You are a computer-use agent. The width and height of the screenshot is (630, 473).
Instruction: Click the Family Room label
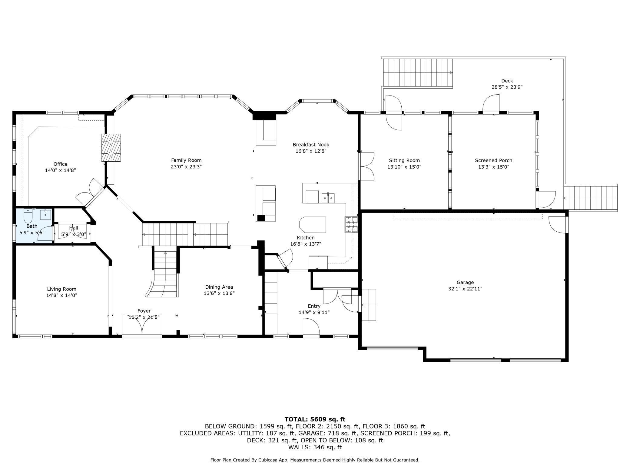click(186, 160)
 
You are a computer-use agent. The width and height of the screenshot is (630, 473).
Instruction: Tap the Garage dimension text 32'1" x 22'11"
click(465, 289)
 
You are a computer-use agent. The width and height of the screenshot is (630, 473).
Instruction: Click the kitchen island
click(312, 224)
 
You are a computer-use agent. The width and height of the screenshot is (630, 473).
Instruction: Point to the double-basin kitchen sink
click(328, 197)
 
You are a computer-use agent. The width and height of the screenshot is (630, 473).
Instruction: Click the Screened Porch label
click(493, 160)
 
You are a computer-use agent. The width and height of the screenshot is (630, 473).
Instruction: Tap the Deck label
click(507, 81)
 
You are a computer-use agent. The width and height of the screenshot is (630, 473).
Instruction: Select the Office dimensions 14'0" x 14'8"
click(60, 170)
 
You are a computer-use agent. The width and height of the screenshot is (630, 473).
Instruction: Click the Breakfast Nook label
click(311, 145)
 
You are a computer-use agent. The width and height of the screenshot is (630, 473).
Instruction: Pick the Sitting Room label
click(404, 160)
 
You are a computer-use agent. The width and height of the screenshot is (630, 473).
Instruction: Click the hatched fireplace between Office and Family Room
click(111, 148)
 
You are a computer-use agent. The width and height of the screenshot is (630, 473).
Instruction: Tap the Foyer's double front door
click(142, 325)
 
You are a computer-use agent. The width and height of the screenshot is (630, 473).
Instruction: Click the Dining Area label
click(219, 287)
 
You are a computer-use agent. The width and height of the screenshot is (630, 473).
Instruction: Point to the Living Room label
click(61, 289)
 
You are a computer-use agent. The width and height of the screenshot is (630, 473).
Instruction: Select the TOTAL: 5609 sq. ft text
click(315, 420)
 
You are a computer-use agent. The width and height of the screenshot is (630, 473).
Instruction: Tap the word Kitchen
click(306, 238)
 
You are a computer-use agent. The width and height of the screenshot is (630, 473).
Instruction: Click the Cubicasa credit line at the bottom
click(315, 460)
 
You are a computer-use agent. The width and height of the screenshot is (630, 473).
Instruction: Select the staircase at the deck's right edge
click(591, 198)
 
